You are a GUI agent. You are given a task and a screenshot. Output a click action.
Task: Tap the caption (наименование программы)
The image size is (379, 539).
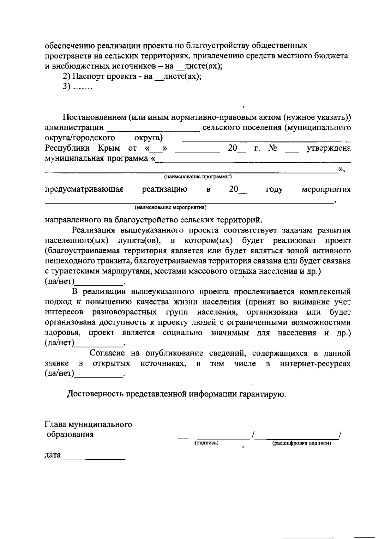pos(198,176)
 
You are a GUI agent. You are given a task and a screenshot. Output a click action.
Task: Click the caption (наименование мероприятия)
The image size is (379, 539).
pos(171,208)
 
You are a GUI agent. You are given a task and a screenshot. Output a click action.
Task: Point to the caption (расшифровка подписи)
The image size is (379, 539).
pos(301,443)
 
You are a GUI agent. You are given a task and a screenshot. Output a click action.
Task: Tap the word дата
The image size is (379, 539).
pos(52,455)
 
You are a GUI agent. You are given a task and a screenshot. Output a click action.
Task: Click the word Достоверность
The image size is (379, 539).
pos(96,394)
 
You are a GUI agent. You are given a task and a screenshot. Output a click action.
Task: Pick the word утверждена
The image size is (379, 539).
pos(329,148)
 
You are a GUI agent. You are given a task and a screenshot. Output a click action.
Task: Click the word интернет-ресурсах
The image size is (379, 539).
pos(315,364)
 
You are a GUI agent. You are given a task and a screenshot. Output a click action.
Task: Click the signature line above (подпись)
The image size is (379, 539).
pos(214,438)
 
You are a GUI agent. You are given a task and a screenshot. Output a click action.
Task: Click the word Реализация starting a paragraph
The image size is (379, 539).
pos(94,230)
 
